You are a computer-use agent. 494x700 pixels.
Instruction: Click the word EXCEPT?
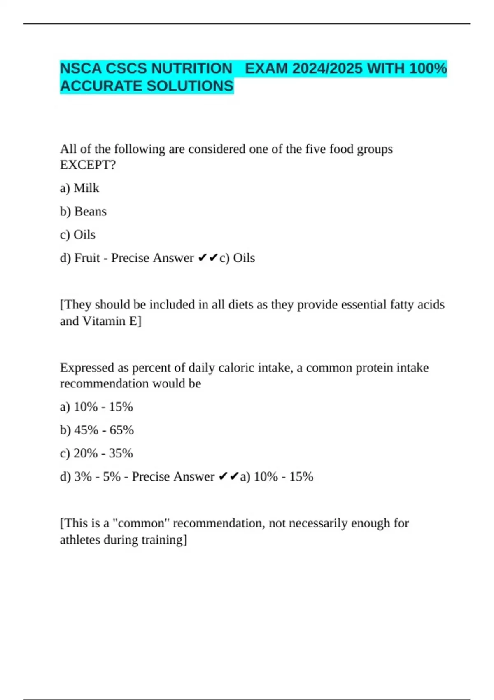pos(88,165)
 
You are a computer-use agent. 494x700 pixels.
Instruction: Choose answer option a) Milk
pos(79,188)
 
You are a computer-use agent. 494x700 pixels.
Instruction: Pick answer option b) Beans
pos(83,212)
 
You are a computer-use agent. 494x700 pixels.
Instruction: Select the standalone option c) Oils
pos(78,235)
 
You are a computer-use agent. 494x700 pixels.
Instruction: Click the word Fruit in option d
pos(87,258)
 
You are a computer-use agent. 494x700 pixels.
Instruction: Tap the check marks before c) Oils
pos(208,258)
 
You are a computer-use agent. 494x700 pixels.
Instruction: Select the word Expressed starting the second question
pos(87,368)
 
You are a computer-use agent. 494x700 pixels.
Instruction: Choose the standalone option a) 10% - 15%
pos(96,407)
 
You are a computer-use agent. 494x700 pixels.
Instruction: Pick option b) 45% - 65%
pos(97,430)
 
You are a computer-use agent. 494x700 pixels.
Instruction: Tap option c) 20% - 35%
pos(96,453)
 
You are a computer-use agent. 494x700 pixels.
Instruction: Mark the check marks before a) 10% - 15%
pos(228,477)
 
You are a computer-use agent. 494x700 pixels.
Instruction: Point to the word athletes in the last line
pos(80,540)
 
